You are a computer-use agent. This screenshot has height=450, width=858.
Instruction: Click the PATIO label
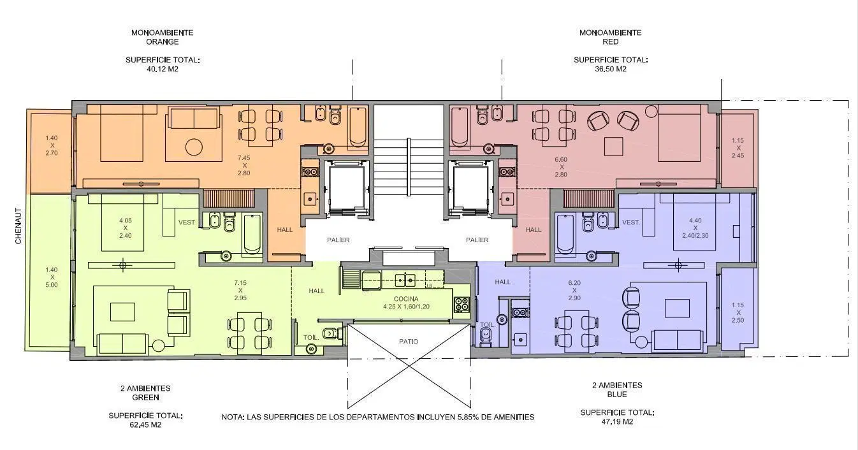click(409, 342)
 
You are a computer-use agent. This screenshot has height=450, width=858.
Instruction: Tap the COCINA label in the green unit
click(406, 299)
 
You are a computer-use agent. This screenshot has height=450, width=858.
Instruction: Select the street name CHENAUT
click(18, 226)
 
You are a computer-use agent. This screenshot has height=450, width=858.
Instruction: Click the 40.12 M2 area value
click(163, 69)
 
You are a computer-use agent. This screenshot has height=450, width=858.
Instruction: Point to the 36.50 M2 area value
click(611, 69)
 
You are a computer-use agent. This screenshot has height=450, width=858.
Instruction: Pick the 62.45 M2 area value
click(145, 425)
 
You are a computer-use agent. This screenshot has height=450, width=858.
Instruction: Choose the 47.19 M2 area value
click(617, 422)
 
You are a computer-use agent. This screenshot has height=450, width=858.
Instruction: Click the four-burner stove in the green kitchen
click(462, 305)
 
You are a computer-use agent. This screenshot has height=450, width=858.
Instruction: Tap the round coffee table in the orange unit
click(194, 147)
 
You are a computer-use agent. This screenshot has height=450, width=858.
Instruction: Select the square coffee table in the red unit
click(614, 147)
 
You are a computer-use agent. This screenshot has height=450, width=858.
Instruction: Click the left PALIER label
click(338, 240)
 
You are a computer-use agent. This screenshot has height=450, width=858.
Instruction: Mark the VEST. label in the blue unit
click(631, 222)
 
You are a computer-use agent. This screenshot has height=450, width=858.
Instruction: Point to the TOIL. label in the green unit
click(311, 338)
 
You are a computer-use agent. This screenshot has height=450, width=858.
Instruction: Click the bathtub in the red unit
click(460, 128)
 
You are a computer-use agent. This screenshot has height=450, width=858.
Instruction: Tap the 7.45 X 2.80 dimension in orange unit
click(244, 166)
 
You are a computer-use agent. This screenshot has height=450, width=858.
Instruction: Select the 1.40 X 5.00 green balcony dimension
click(52, 277)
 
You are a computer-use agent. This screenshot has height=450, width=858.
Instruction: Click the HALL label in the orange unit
click(284, 230)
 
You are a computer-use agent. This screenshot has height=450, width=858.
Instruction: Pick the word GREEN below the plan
click(145, 398)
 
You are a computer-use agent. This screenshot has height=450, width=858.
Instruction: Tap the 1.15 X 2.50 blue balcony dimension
click(738, 313)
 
